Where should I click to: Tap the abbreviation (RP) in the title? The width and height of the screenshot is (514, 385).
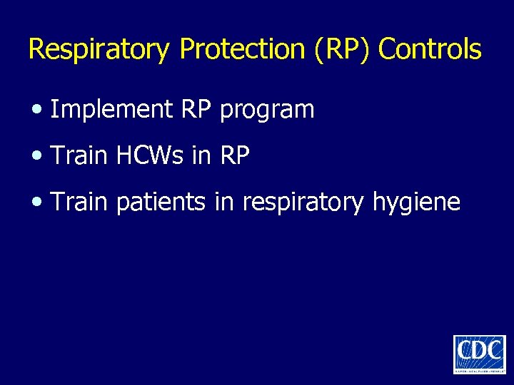[x=349, y=50]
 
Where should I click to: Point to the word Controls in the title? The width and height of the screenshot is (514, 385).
[x=430, y=50]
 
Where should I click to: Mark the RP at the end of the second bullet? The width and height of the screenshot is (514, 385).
[x=235, y=156]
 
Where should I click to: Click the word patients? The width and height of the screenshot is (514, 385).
[x=161, y=203]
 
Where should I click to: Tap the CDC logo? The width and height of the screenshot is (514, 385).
[x=479, y=354]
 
